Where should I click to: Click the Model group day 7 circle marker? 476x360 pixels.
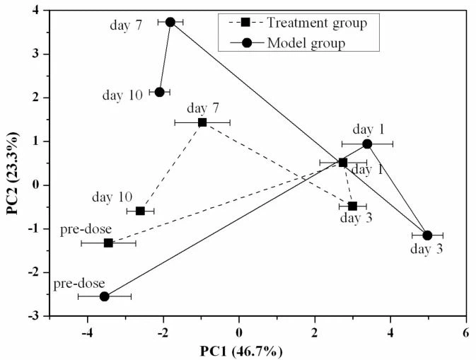[170, 22]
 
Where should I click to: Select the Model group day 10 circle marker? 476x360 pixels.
[160, 92]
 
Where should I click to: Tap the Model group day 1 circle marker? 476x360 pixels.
[367, 144]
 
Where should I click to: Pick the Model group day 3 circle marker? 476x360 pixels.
[427, 236]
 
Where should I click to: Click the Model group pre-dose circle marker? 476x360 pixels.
[105, 296]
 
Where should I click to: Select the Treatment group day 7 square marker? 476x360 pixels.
[202, 122]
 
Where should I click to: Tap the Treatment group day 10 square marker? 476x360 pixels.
[140, 211]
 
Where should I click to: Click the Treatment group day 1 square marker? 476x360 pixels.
[343, 163]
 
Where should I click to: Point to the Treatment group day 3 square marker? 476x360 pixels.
[352, 206]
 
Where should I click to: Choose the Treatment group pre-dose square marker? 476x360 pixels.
[108, 243]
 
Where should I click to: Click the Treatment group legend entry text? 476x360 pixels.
[317, 23]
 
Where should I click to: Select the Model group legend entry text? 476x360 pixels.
[306, 43]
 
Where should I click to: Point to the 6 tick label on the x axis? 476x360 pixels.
[465, 332]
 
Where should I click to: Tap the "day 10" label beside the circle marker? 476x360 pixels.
[123, 94]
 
